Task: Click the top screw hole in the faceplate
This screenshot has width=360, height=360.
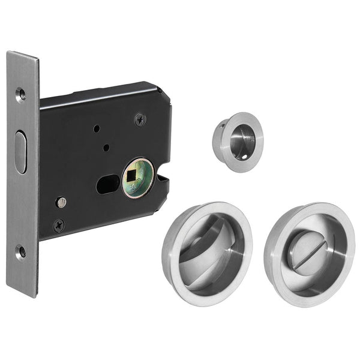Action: tap(20, 93)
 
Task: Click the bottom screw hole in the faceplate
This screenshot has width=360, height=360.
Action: tap(21, 252)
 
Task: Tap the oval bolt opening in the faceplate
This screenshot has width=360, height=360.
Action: tap(21, 153)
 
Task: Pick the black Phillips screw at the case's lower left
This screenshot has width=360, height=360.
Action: tap(58, 226)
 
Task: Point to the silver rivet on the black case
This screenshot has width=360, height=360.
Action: tap(61, 202)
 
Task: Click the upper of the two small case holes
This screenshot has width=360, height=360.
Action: tap(95, 128)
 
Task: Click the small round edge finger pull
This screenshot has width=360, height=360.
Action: tap(238, 142)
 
